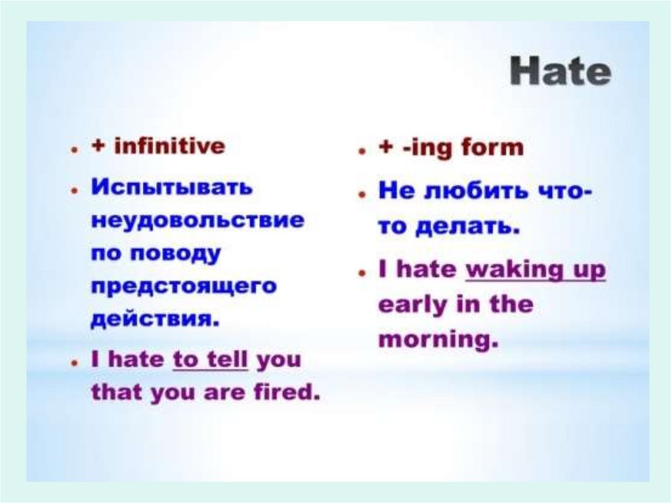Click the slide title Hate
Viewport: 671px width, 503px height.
tap(560, 72)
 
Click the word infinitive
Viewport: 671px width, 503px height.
tap(170, 146)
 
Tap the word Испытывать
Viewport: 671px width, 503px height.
tap(172, 188)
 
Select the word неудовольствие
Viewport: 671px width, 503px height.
tap(198, 221)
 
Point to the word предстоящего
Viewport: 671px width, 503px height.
tap(184, 286)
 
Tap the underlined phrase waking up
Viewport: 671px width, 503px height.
tap(535, 270)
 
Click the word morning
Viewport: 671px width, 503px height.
tap(439, 340)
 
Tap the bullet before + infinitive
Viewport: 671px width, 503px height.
tap(75, 150)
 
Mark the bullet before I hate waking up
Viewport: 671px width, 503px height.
tap(362, 273)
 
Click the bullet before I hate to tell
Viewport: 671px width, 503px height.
tap(75, 363)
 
